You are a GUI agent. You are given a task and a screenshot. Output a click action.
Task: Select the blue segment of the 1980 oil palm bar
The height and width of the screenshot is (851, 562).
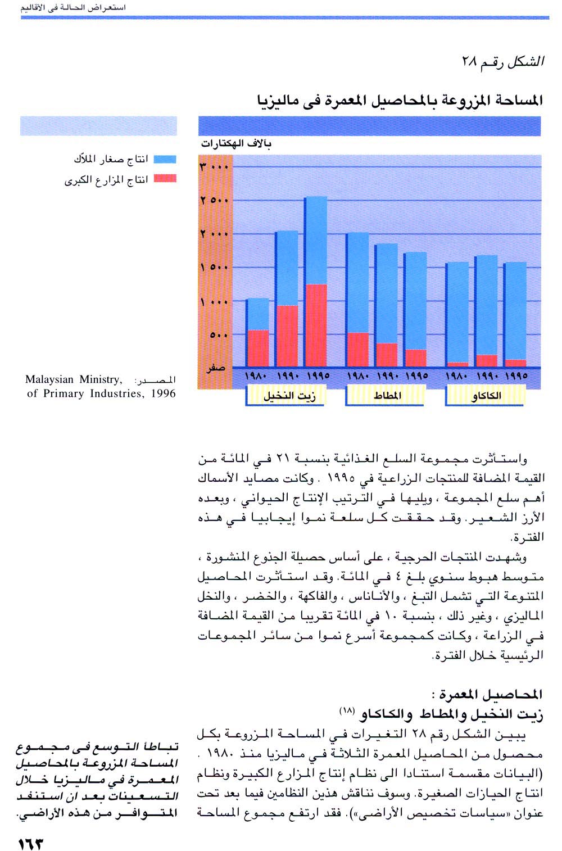coord(258,314)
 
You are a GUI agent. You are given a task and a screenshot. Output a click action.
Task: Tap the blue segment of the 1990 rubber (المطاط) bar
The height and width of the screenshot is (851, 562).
coord(386,293)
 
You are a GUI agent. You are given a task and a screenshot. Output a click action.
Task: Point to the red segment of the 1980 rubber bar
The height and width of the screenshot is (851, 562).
coord(357,349)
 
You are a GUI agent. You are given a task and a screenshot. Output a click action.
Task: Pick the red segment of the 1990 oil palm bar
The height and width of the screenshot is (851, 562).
coord(287,336)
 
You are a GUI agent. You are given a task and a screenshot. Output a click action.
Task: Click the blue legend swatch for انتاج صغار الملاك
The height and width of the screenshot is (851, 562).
coord(165,160)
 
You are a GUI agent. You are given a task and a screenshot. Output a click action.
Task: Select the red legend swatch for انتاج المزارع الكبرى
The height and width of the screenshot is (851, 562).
coord(165,179)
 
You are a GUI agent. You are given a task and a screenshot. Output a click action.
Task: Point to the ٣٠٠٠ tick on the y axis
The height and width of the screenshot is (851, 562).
coord(214,167)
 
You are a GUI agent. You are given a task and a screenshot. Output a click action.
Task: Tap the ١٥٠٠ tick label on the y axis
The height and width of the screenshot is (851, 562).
coord(214,268)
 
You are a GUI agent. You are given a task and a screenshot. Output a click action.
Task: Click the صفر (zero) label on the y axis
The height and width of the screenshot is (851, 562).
coord(216,368)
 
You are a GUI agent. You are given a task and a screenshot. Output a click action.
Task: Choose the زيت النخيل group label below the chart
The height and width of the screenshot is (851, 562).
coord(289,396)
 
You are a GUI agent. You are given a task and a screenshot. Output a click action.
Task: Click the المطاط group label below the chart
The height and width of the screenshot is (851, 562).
coord(388,396)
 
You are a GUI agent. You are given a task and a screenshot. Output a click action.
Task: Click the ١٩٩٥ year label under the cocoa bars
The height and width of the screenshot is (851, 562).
coord(515,375)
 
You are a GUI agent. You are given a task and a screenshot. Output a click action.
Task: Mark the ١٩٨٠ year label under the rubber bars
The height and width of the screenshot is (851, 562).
coord(357,375)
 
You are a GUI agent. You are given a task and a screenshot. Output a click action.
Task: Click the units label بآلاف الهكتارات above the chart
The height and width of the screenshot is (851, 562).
coord(236,144)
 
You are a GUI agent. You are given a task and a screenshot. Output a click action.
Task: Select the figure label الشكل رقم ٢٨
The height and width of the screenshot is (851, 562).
coord(502,62)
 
